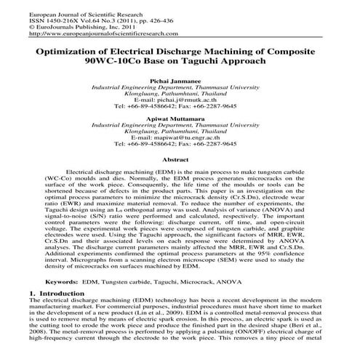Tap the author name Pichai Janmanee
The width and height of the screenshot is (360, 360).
coord(180,80)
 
